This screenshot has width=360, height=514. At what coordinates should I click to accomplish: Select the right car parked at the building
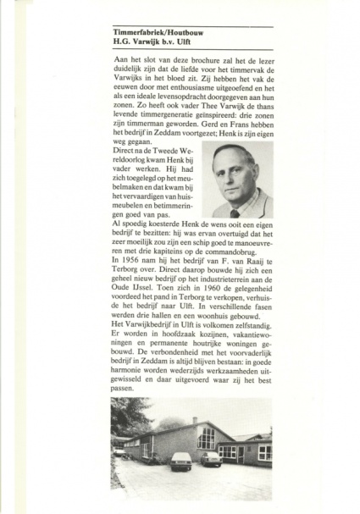point(210,458)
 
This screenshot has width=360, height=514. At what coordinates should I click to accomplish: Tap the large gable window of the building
point(206,439)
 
